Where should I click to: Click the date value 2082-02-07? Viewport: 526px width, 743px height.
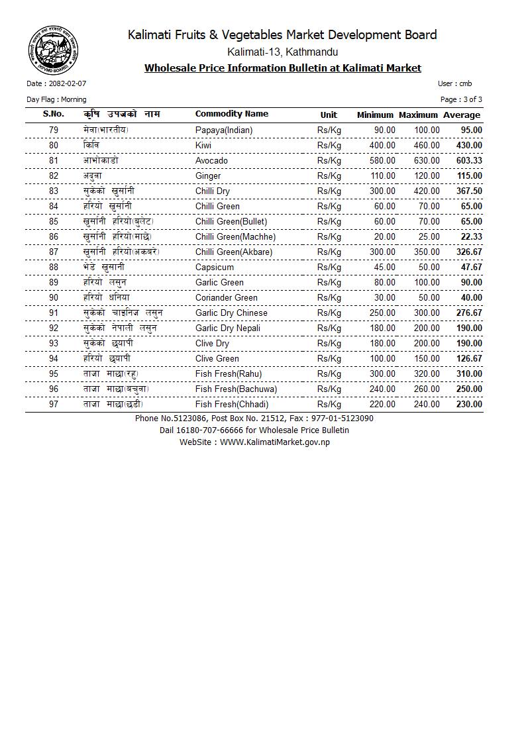point(68,84)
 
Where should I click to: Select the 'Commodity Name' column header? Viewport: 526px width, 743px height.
point(232,114)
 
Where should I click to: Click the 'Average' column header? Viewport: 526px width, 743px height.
point(462,115)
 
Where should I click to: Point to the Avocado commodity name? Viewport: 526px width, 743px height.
point(211,161)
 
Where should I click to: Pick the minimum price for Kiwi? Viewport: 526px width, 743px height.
point(382,146)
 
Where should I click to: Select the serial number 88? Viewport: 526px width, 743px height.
point(54,268)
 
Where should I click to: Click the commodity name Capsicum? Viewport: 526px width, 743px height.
point(215,268)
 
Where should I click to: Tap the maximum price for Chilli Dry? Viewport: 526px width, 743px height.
point(427,191)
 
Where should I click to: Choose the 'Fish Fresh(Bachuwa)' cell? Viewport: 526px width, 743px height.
point(236,389)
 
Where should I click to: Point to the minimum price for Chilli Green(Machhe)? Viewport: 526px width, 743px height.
point(385,237)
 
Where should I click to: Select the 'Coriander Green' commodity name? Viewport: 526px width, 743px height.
point(227,298)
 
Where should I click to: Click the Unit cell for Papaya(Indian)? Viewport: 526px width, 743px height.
point(329,130)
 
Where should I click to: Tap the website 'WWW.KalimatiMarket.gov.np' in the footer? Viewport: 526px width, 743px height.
point(275,442)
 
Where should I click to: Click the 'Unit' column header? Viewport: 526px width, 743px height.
point(329,115)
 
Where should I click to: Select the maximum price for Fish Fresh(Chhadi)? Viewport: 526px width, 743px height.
point(427,405)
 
